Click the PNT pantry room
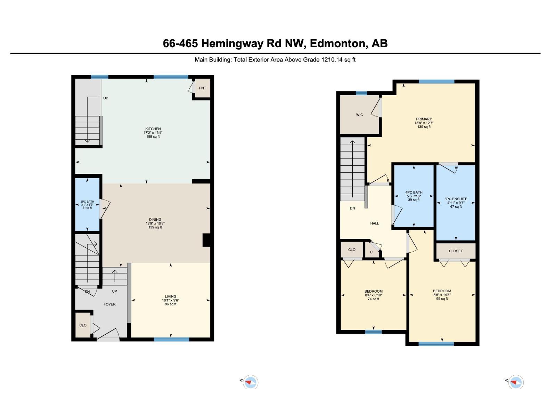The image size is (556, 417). click(202, 88)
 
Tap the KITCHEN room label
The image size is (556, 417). click(153, 129)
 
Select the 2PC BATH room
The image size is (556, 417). click(87, 205)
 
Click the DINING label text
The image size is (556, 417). click(155, 220)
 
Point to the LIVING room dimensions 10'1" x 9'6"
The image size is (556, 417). click(171, 300)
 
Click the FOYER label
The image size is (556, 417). click(109, 304)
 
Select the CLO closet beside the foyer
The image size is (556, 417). click(83, 325)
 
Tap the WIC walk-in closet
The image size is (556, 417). click(359, 115)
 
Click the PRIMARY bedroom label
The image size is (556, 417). click(424, 119)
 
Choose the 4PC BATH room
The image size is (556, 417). click(414, 196)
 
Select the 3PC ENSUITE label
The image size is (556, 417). click(456, 199)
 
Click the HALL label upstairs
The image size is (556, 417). click(374, 223)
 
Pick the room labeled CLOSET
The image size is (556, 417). click(456, 251)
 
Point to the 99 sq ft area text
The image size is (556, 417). click(442, 299)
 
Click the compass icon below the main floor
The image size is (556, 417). click(250, 382)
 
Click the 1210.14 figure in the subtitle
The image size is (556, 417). click(332, 60)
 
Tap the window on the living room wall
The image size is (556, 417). click(171, 340)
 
